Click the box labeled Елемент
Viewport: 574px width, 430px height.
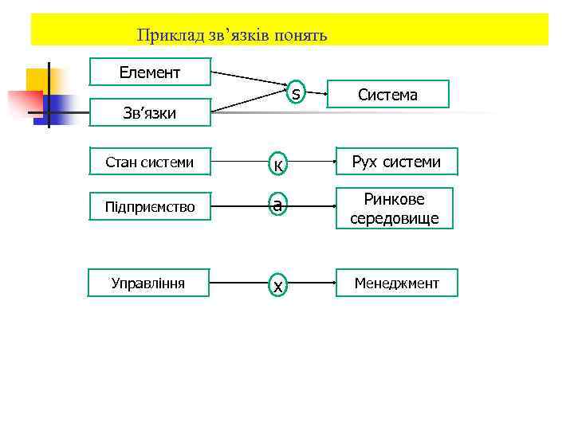tap(150, 72)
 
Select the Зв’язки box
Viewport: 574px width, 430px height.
tap(150, 113)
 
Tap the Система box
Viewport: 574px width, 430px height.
tap(387, 95)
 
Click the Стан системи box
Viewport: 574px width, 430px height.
tap(150, 162)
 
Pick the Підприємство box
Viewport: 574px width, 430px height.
tap(150, 206)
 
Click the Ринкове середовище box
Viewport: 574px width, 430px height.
tap(395, 209)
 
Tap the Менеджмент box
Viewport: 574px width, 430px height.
tap(396, 283)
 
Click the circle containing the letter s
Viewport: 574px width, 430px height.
tap(296, 94)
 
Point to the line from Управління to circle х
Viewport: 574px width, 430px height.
tap(238, 283)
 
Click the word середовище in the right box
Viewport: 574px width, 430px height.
tap(395, 218)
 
